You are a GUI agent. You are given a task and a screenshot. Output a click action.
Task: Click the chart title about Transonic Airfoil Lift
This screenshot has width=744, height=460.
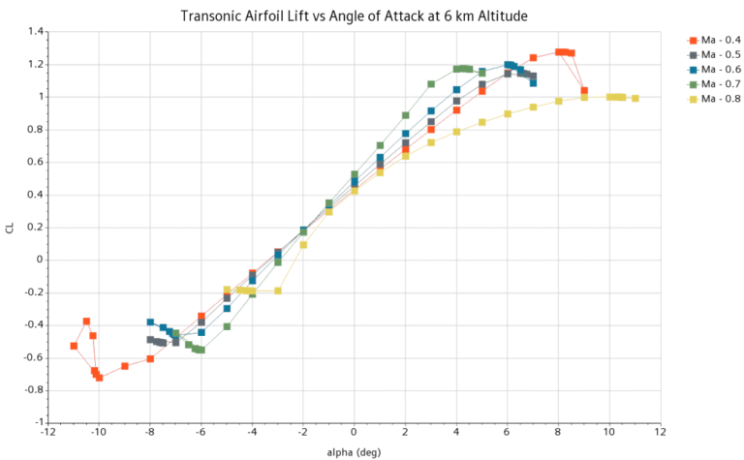click(x=372, y=16)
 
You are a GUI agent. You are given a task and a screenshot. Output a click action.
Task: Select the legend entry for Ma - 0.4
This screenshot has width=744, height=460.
click(x=721, y=40)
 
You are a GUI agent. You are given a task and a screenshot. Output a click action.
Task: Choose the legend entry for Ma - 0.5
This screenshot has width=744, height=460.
click(x=721, y=54)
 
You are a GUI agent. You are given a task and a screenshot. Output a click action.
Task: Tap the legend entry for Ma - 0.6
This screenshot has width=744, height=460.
click(x=721, y=69)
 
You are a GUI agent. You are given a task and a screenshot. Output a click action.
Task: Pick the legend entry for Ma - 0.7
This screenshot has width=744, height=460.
click(x=721, y=83)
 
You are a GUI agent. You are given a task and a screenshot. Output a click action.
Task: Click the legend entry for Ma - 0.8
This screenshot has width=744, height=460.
click(x=721, y=98)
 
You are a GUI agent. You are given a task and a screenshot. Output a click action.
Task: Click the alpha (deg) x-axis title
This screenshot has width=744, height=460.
click(x=354, y=450)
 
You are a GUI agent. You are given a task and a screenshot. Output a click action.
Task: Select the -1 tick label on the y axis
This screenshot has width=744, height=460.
click(x=37, y=422)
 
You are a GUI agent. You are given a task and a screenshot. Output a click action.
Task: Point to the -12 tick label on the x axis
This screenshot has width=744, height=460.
click(x=47, y=433)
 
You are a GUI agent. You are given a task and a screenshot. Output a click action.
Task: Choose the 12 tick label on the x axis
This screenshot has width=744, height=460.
click(x=660, y=433)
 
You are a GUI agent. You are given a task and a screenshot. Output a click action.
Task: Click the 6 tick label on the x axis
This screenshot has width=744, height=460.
click(x=507, y=433)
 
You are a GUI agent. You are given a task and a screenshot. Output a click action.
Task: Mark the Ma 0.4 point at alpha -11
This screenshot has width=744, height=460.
click(x=74, y=346)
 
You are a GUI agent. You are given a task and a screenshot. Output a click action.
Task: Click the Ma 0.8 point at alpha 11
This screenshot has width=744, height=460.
click(x=635, y=99)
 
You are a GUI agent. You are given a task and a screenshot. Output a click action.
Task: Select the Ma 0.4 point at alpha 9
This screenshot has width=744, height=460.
click(x=584, y=90)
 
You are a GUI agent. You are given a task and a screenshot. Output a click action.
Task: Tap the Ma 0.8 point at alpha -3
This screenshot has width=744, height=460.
click(x=278, y=291)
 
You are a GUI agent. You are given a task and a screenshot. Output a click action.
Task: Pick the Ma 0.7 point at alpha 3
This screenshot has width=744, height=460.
click(x=431, y=84)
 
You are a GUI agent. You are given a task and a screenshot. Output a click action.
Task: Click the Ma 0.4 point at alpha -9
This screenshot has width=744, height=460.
click(x=125, y=366)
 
